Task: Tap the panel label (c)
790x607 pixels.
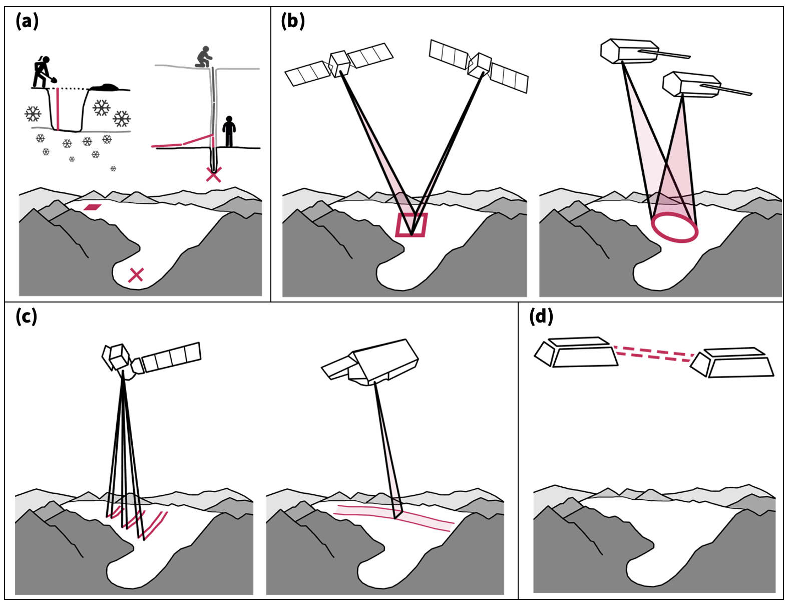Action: [x=27, y=317]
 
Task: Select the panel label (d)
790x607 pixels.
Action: [x=541, y=317]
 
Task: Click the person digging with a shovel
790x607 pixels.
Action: [x=43, y=72]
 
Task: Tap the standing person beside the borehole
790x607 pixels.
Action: [x=229, y=131]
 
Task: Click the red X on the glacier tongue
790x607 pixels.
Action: [x=136, y=274]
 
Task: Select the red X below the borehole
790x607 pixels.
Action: [x=214, y=174]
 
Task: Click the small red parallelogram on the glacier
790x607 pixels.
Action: [x=93, y=207]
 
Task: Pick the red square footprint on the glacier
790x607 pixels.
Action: [x=411, y=225]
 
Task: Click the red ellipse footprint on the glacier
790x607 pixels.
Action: [x=674, y=228]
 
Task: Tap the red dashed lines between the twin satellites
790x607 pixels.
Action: [x=653, y=352]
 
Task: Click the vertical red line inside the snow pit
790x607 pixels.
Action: [x=58, y=109]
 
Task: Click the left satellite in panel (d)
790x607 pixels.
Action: [x=576, y=352]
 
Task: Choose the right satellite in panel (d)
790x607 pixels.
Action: [x=734, y=362]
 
